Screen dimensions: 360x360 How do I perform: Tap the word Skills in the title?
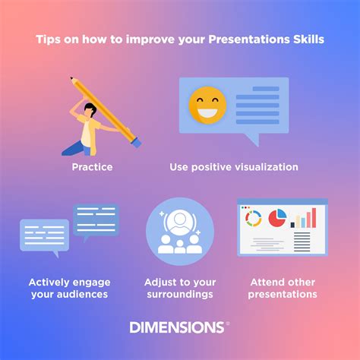(x=308, y=38)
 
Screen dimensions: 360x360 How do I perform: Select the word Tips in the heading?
(x=47, y=38)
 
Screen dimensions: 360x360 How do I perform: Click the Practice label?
(x=93, y=166)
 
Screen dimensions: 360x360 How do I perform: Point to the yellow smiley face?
(x=207, y=106)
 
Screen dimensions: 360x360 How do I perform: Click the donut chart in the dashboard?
(x=254, y=219)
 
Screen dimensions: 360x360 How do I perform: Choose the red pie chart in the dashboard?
(x=277, y=218)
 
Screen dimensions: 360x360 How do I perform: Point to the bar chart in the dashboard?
(x=304, y=218)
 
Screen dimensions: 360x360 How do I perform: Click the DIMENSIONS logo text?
(x=178, y=327)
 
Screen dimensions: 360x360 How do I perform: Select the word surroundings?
(x=180, y=294)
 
